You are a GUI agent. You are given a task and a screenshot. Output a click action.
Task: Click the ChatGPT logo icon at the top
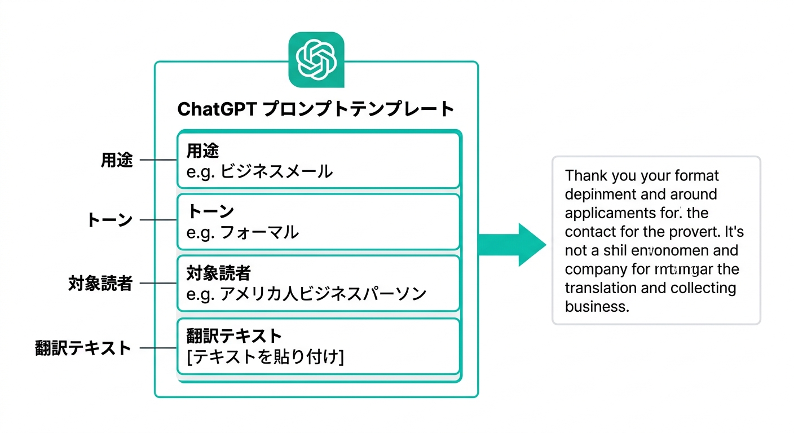(316, 59)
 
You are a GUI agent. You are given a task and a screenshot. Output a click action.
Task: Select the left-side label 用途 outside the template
(117, 160)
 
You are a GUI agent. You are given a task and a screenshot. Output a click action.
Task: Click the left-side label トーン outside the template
(109, 220)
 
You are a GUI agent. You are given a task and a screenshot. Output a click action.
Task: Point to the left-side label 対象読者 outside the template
(100, 283)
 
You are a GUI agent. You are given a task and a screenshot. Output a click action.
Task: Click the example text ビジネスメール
(276, 171)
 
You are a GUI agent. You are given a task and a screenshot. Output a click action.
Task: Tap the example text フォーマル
(259, 232)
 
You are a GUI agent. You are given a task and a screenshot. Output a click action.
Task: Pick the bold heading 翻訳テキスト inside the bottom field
(233, 337)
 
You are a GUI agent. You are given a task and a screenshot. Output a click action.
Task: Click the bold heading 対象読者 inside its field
(218, 274)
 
